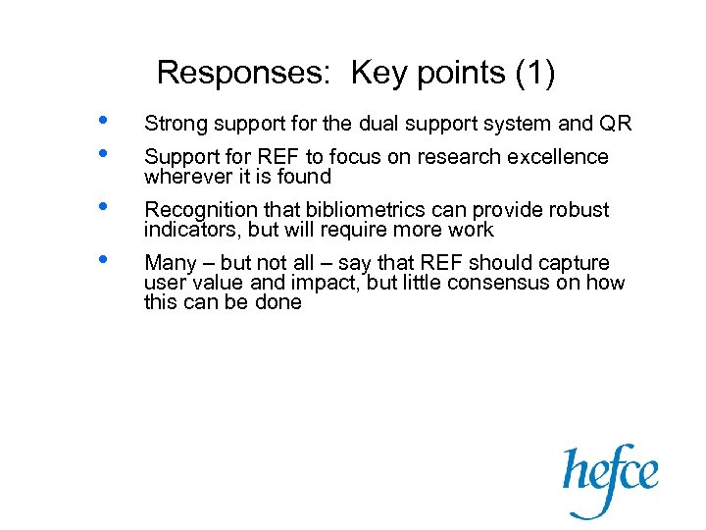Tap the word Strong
point(174,124)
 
